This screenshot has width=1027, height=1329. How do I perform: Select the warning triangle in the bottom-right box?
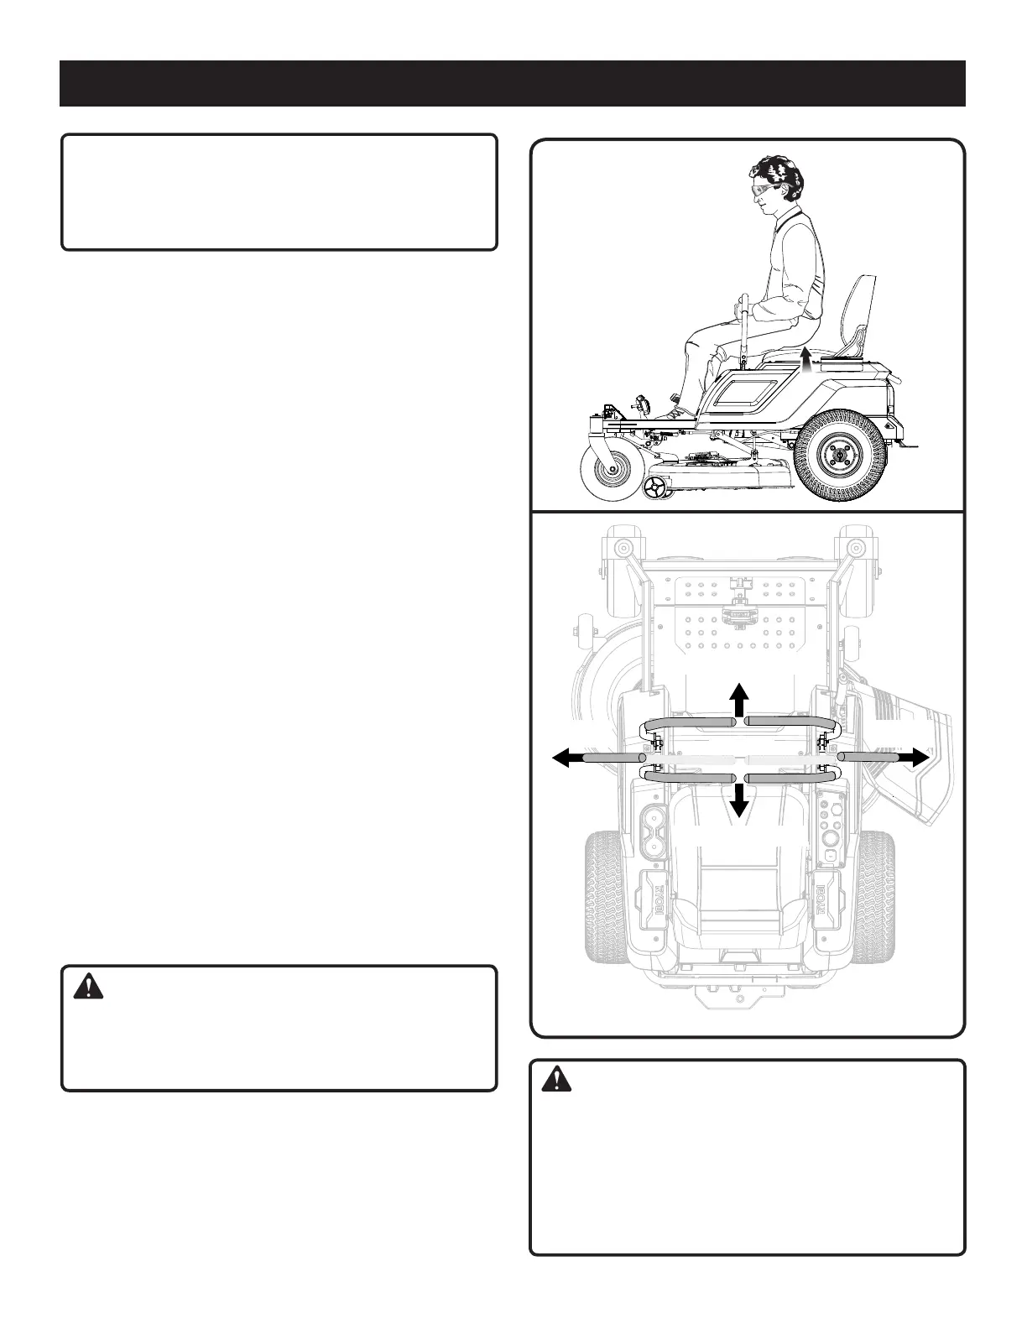[555, 1081]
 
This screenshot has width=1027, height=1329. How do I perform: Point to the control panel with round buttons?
[832, 826]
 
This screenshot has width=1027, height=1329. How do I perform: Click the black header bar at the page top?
[513, 83]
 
